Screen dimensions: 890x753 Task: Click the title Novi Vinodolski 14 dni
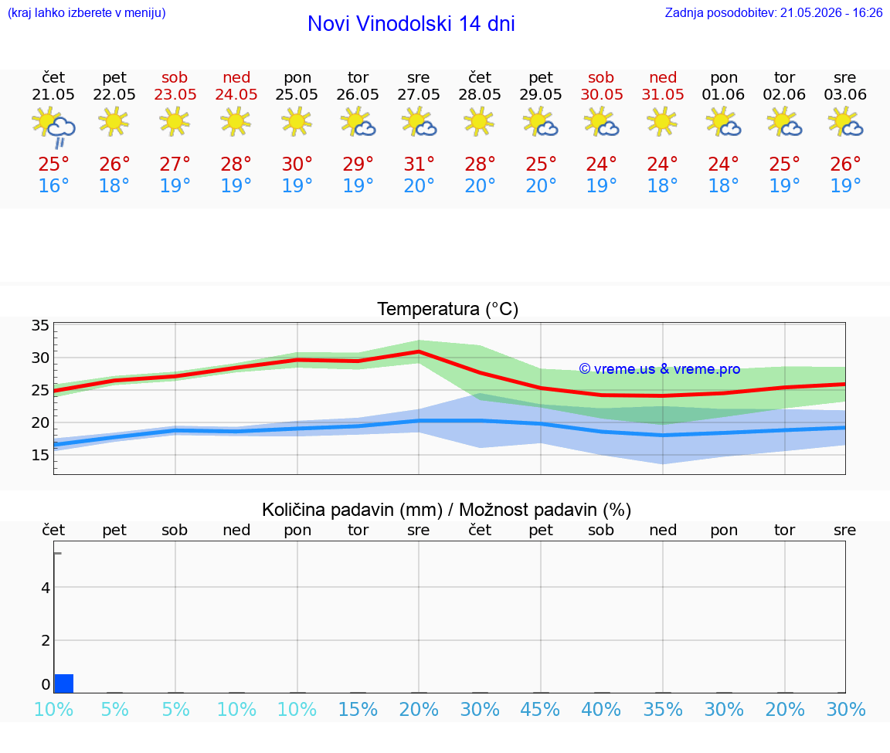pos(411,24)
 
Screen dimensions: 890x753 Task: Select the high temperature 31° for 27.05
pos(419,164)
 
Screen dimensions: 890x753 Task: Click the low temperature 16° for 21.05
pos(53,185)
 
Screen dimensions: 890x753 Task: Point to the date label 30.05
pos(602,95)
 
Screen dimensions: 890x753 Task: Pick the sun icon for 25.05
pos(297,121)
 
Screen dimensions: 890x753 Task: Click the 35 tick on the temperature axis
pos(40,326)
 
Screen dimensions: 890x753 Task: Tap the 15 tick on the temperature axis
pos(40,455)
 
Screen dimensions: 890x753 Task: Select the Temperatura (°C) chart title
pos(448,309)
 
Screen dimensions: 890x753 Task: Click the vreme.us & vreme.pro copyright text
pos(660,369)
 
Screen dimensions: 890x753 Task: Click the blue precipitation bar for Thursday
pos(64,683)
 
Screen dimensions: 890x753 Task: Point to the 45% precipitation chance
pos(540,709)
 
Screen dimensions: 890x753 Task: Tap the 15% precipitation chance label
pos(358,709)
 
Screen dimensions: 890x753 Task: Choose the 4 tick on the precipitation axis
pos(46,588)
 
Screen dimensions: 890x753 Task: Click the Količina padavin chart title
pos(447,510)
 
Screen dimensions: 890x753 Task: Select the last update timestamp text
pos(773,13)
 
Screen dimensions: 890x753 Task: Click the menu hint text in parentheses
pos(87,13)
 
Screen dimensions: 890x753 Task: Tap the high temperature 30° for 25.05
pos(297,164)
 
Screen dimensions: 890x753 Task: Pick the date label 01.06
pos(723,95)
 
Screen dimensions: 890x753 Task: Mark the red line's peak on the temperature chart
pos(419,352)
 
